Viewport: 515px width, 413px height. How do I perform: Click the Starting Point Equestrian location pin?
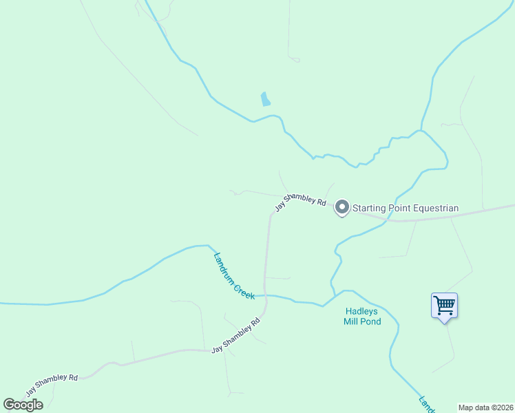pos(341,207)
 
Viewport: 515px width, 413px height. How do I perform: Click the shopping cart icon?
pos(445,304)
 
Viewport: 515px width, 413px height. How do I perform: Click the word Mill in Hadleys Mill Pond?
pos(352,321)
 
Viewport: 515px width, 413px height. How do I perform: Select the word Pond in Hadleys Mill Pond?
pos(370,321)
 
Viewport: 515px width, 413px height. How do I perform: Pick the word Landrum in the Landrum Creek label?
pos(224,266)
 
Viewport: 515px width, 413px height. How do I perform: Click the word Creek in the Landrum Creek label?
pos(244,288)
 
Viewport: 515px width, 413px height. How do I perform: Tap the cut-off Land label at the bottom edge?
pos(426,403)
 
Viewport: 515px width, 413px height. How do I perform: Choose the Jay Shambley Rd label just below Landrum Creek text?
pos(235,337)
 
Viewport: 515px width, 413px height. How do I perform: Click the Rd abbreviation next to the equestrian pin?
pos(321,202)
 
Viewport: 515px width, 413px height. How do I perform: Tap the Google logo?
pos(23,405)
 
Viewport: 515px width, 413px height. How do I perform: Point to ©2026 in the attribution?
pos(504,407)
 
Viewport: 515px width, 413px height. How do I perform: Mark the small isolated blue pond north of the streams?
pos(265,99)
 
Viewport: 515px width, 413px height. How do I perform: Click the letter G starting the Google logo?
pos(9,405)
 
